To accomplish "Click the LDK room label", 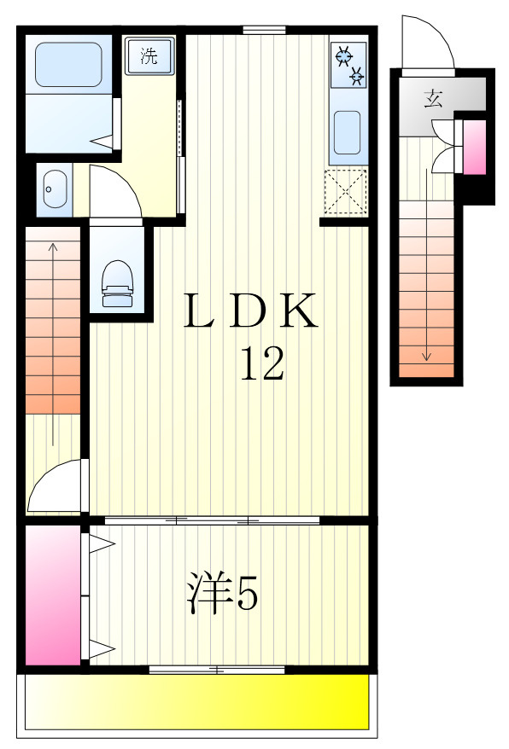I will point(252,312).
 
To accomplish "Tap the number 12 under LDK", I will point(261,365).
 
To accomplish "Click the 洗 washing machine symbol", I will point(150,58).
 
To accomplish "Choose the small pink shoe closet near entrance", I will point(474,147).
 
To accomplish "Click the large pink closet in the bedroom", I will point(52,595).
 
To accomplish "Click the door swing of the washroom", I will point(113,192).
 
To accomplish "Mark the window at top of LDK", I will point(263,30).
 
